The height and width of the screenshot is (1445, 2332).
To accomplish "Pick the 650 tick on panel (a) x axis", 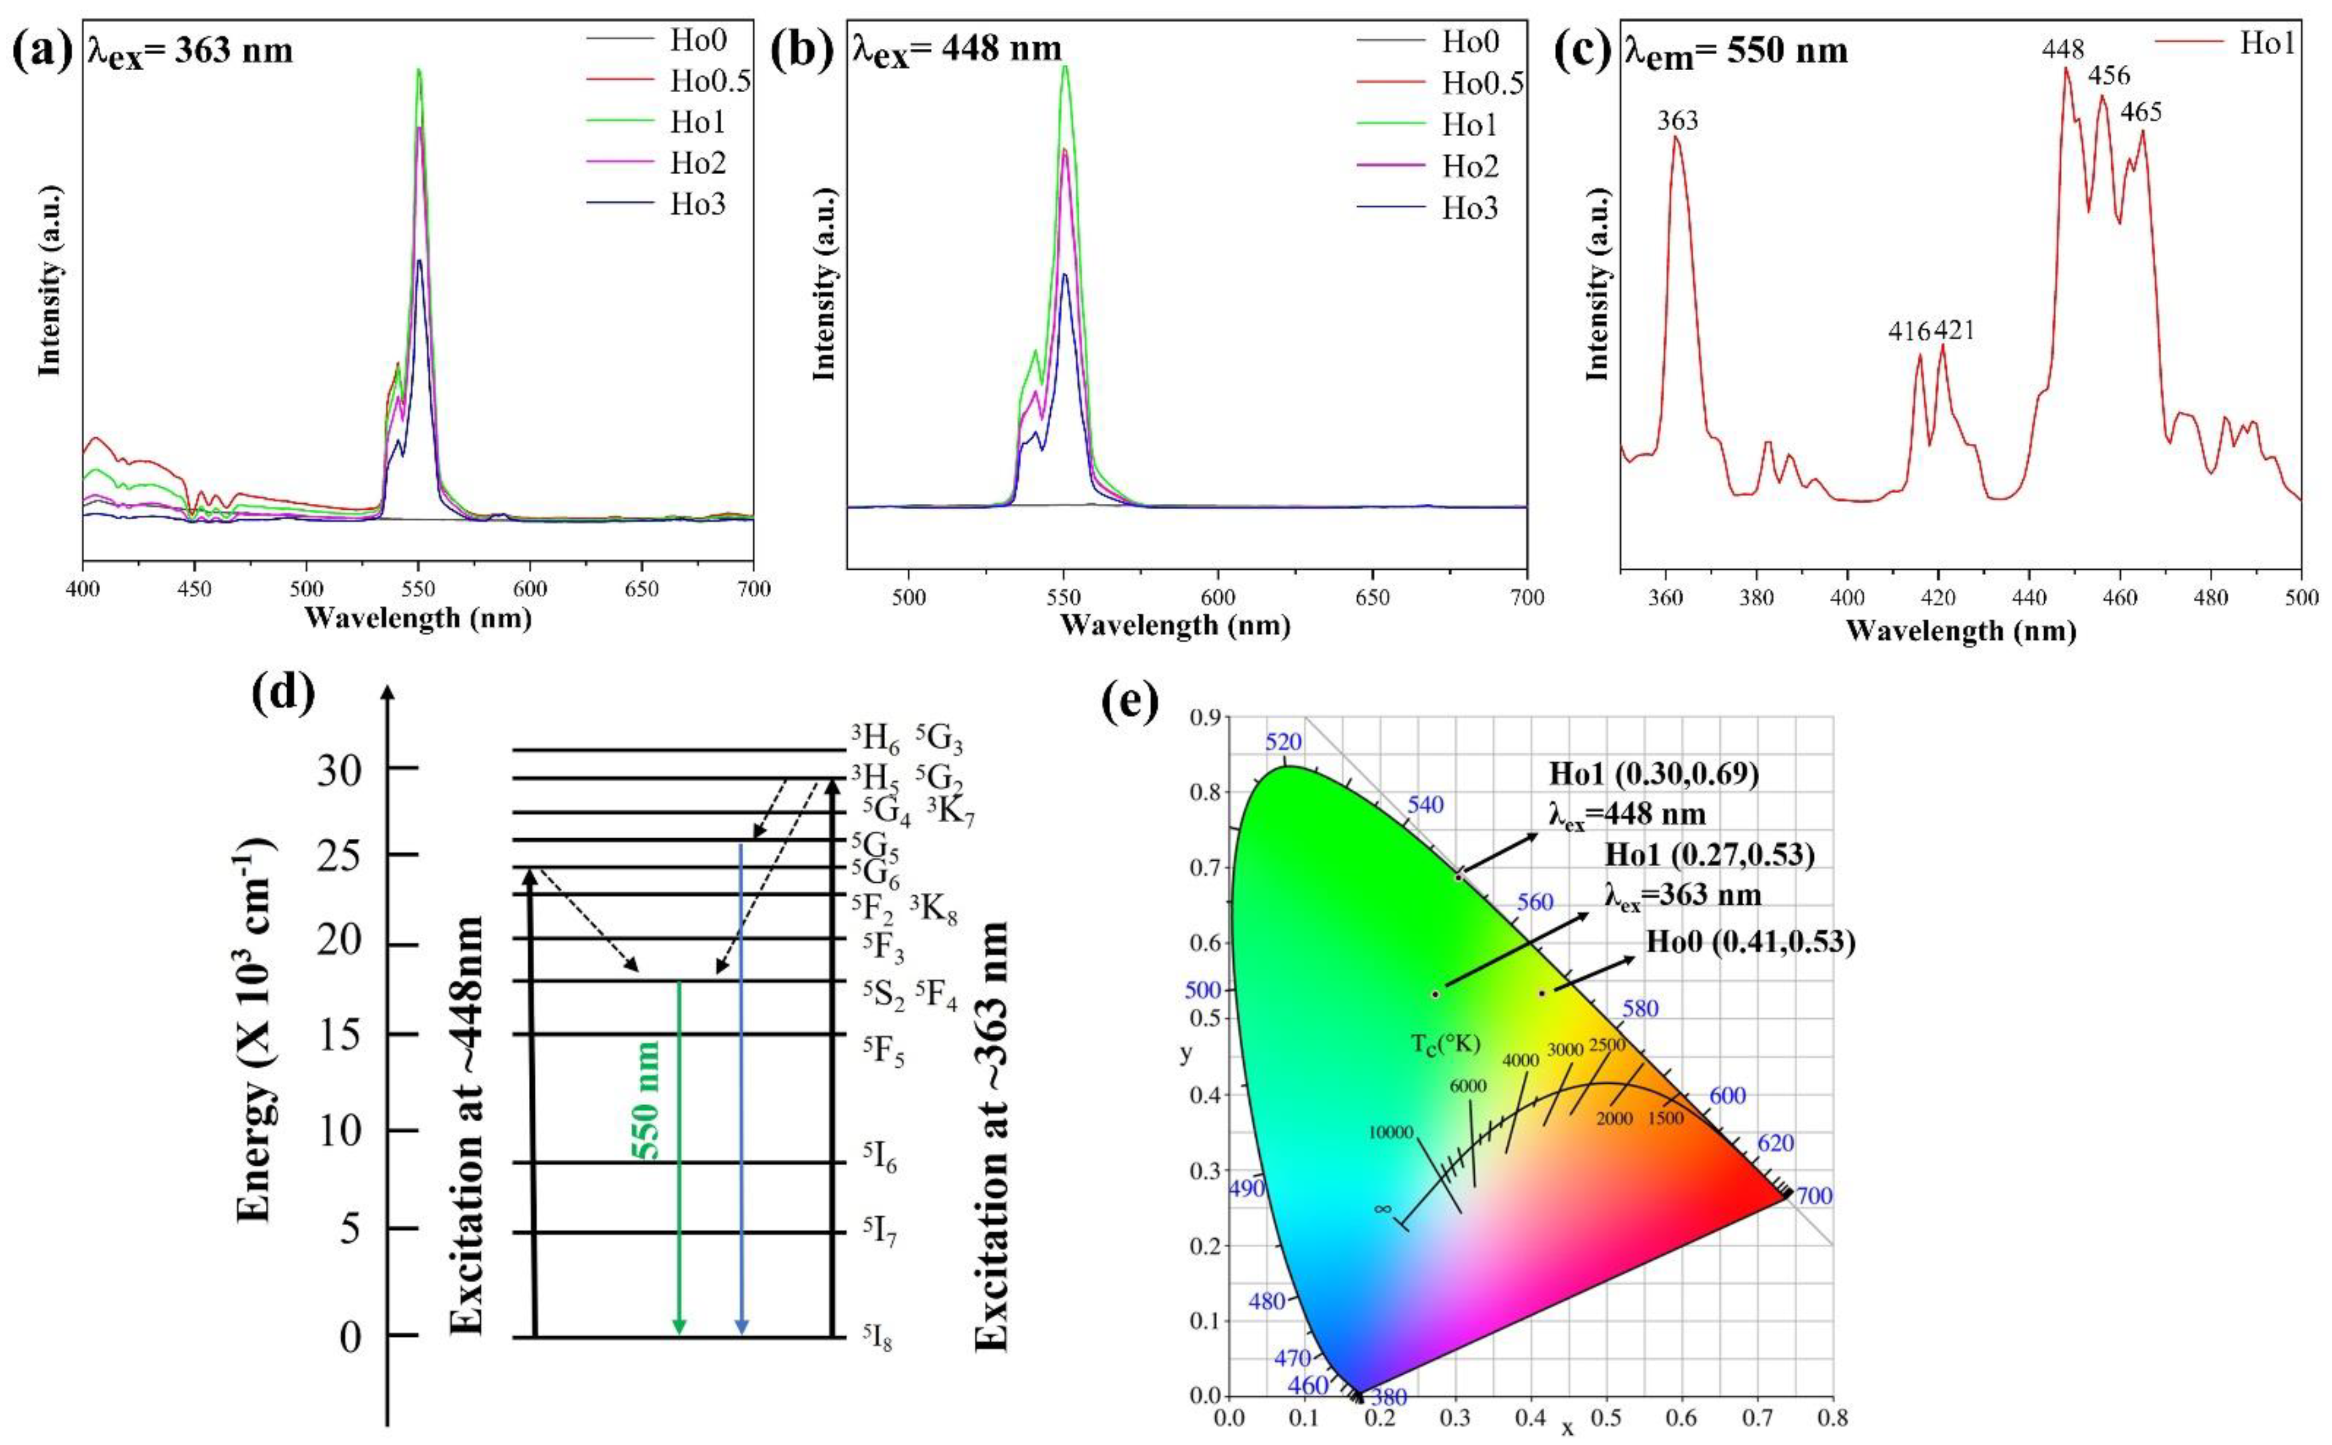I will (x=641, y=589).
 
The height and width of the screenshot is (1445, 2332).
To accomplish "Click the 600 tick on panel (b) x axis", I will (x=1218, y=597).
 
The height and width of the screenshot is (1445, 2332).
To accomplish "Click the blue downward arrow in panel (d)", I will (x=742, y=1090).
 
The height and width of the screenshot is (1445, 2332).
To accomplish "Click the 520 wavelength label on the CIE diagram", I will (x=1283, y=742).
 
